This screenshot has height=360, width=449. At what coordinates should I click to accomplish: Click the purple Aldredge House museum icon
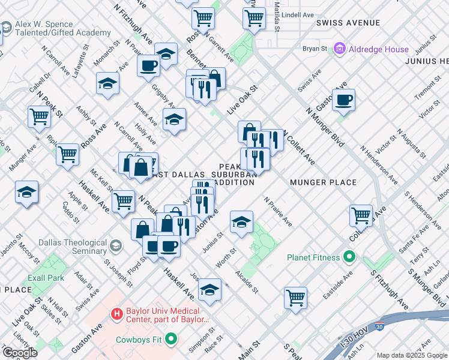pyautogui.click(x=340, y=49)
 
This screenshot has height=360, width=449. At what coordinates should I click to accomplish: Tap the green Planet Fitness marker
pyautogui.click(x=349, y=258)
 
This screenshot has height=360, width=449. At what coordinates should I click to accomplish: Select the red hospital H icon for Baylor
pyautogui.click(x=116, y=313)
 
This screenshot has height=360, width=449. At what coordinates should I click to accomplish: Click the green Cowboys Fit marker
pyautogui.click(x=170, y=340)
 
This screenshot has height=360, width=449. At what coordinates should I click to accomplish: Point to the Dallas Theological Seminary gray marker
pyautogui.click(x=115, y=247)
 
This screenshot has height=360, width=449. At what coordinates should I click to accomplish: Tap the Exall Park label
pyautogui.click(x=46, y=278)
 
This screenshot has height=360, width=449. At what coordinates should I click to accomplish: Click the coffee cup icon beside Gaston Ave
pyautogui.click(x=343, y=100)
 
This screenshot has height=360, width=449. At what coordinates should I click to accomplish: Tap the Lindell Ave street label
pyautogui.click(x=298, y=14)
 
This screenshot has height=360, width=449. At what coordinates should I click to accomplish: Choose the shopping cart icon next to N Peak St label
pyautogui.click(x=39, y=116)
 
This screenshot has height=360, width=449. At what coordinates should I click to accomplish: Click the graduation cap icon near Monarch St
pyautogui.click(x=107, y=84)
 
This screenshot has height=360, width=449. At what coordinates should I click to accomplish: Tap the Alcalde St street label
pyautogui.click(x=247, y=280)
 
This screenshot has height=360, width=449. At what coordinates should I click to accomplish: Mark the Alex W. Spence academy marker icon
pyautogui.click(x=7, y=28)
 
